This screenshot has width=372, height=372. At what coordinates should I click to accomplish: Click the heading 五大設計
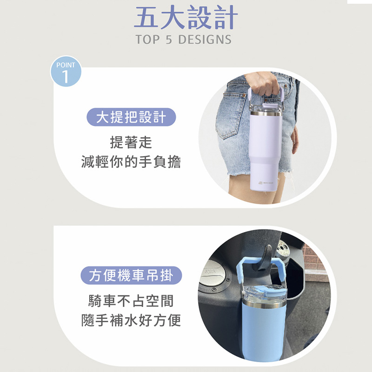(x=186, y=17)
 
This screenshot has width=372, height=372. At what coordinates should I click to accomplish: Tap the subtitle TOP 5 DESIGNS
(x=183, y=40)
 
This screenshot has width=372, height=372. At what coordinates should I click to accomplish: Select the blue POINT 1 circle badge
(x=66, y=71)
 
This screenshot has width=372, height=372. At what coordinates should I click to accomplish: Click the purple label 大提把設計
(x=131, y=117)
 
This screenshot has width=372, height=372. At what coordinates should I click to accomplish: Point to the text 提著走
(x=131, y=142)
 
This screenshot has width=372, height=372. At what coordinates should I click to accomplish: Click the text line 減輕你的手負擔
(x=131, y=162)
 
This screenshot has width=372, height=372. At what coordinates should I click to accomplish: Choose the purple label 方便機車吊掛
(x=131, y=275)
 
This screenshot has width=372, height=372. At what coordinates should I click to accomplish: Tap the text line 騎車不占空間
(x=131, y=301)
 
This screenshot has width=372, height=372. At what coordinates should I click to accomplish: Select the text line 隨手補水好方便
(x=131, y=320)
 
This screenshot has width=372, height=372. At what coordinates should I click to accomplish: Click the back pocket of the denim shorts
(x=231, y=114)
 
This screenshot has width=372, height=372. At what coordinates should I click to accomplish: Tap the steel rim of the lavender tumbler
(x=266, y=113)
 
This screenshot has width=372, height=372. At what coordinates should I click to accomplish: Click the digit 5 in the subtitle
(x=169, y=40)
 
